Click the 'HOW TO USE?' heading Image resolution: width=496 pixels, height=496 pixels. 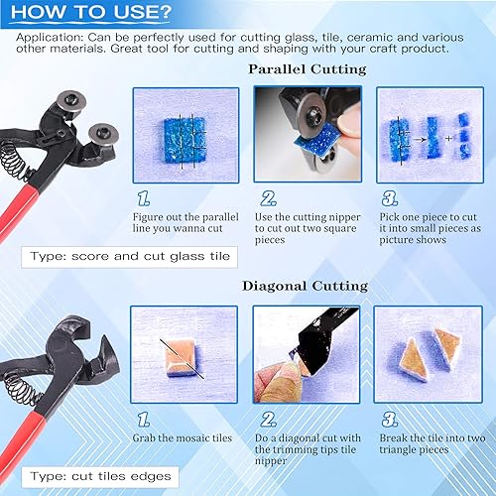coord(91,12)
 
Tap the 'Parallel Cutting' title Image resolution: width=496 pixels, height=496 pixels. coord(308,69)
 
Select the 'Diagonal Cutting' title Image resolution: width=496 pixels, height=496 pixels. coord(305,286)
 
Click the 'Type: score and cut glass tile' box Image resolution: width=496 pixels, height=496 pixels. coord(129,257)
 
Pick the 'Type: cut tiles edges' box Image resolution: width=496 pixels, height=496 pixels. coord(100,477)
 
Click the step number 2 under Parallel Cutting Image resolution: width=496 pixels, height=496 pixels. coord(268,198)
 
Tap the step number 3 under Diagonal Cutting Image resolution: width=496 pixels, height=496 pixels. coord(390,420)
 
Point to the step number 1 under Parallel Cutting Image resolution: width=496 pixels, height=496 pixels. coord(144,198)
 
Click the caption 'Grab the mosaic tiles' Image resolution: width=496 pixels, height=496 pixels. coord(183,438)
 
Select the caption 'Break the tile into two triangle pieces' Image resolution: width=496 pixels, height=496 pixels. coord(433,443)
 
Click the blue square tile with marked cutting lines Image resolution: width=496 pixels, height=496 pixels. coord(186,140)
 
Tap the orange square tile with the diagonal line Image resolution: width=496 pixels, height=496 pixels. coord(181,358)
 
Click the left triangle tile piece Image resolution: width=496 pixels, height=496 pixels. coord(414,360)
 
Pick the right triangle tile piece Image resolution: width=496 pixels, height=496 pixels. coord(446,349)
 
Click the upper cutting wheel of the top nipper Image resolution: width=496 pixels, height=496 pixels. coord(71,100)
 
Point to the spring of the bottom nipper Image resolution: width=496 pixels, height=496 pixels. coord(22,390)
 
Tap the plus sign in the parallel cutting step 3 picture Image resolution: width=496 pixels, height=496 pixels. coord(448,138)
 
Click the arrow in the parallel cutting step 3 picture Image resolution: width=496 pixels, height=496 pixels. coord(420,140)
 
